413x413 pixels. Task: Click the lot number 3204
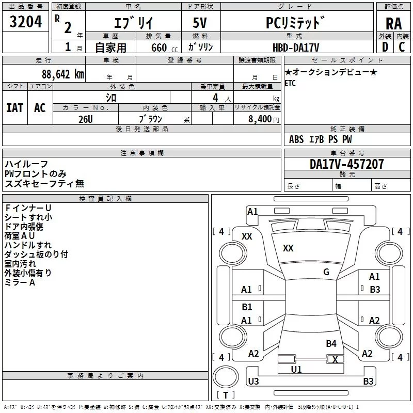pos(25,23)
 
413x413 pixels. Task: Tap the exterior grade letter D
pos(385,47)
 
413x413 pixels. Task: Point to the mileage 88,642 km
pos(62,74)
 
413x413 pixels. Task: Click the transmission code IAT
pos(14,107)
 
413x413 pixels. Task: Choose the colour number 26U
pos(85,119)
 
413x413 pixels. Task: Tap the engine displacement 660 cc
pos(159,47)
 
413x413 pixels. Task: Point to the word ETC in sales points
pos(290,84)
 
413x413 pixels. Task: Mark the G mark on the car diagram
pos(326,272)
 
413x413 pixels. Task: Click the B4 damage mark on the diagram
pos(331,343)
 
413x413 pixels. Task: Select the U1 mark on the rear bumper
pos(296,369)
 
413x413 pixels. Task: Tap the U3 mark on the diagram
pos(253,382)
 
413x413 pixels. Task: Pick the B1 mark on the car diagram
pos(247,307)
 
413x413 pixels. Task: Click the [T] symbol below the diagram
pos(225,395)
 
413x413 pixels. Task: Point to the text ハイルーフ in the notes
pos(26,164)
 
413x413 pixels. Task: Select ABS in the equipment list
pos(296,139)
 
